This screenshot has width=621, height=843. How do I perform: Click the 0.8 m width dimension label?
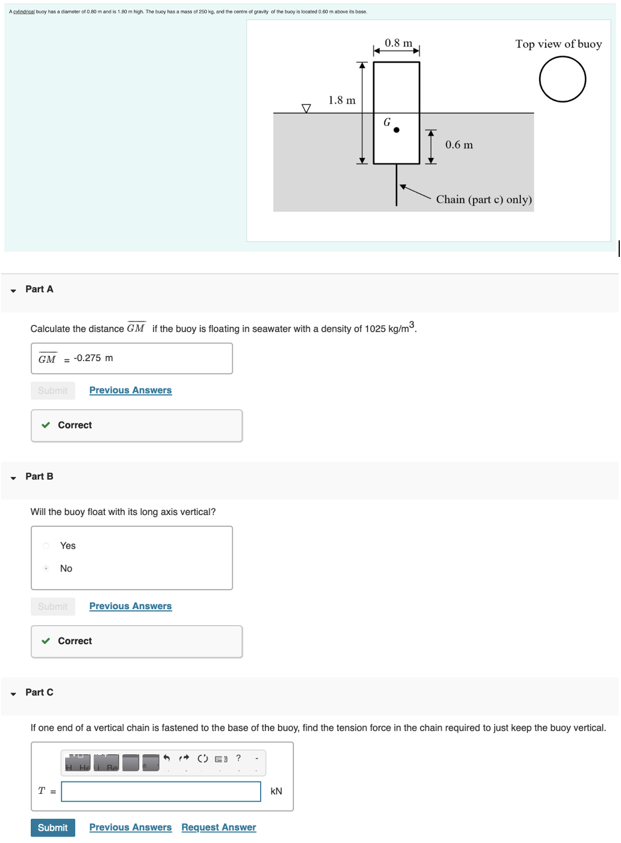[398, 43]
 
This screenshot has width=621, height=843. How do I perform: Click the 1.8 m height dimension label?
[342, 101]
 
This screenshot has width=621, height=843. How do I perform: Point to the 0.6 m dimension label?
[459, 145]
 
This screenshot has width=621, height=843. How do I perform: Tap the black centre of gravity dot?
[396, 130]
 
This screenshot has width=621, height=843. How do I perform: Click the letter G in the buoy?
[387, 122]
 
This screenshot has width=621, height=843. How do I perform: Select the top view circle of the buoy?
[562, 79]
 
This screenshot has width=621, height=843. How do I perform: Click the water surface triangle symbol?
[306, 108]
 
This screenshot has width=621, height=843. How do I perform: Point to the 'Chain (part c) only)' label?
[484, 200]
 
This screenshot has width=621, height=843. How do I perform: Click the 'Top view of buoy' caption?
[558, 44]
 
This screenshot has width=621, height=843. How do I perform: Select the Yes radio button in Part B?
[46, 546]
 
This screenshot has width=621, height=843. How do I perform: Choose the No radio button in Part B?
[46, 568]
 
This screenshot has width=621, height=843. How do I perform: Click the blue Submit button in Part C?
[53, 828]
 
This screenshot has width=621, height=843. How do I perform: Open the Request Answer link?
[219, 828]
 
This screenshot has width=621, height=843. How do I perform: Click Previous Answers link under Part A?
[130, 390]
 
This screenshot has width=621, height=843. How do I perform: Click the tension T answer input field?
[161, 791]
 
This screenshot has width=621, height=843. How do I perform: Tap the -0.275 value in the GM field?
[87, 358]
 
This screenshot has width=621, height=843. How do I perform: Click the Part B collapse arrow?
[14, 478]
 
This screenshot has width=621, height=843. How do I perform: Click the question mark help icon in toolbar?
[238, 758]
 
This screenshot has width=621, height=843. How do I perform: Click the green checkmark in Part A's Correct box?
[46, 425]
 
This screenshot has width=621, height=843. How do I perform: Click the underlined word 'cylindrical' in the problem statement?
[24, 12]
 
